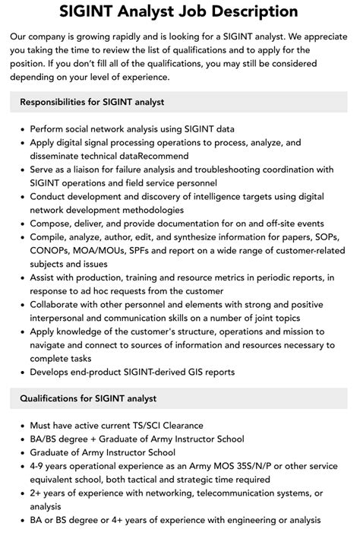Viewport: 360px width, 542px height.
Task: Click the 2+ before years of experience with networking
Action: coord(36,493)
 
